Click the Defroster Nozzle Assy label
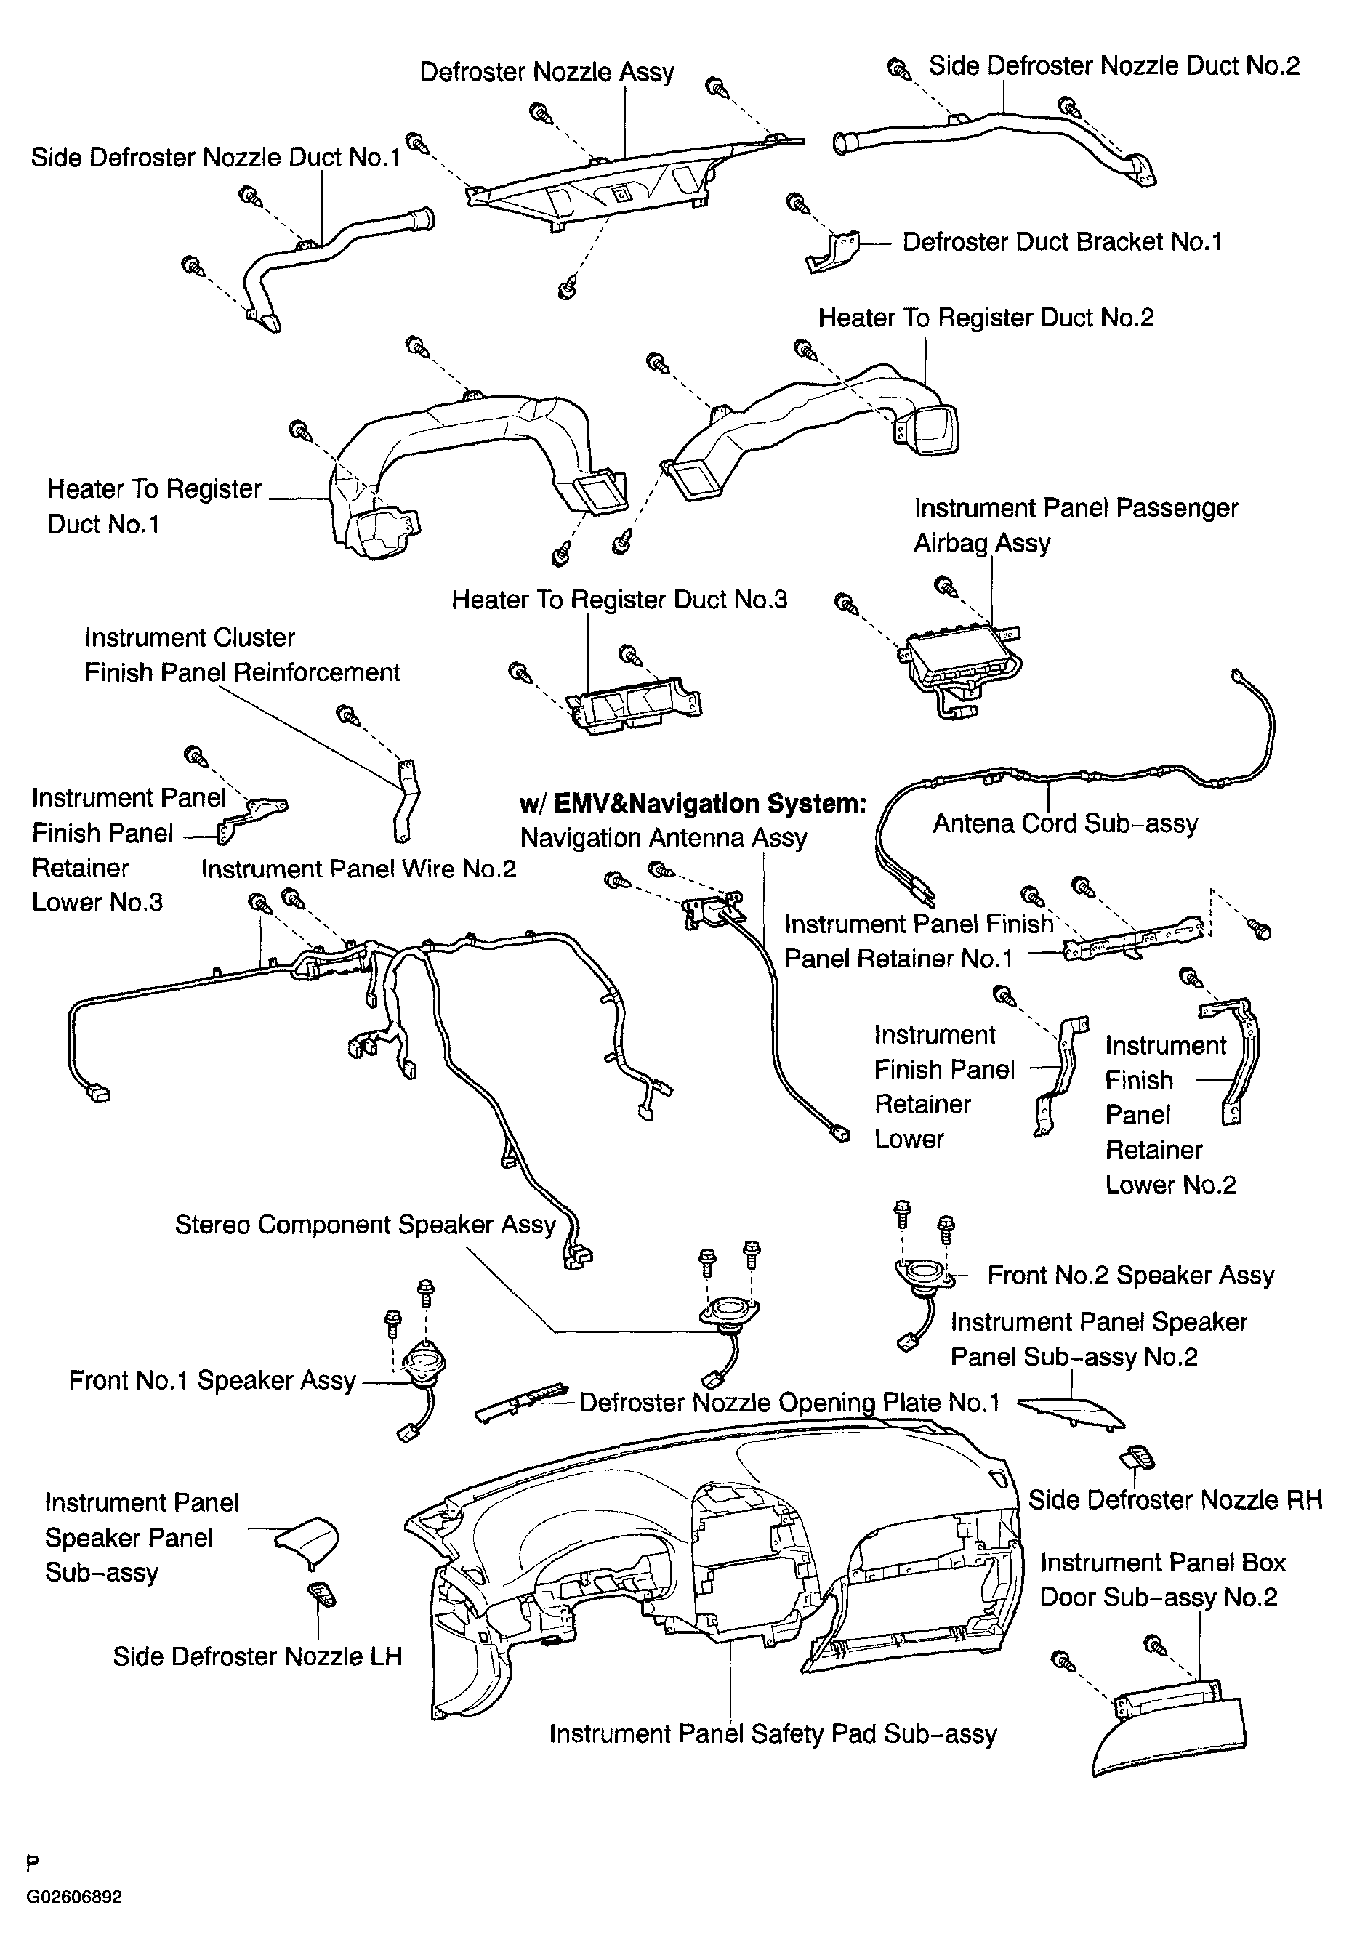point(547,72)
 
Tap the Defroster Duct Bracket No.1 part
point(831,251)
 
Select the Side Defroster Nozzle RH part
point(1137,1458)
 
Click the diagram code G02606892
point(74,1896)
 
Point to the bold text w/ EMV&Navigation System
point(693,803)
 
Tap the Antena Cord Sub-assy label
point(1065,824)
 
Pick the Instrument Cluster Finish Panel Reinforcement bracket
point(406,799)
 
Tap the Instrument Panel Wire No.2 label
point(358,869)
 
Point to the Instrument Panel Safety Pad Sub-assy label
point(773,1734)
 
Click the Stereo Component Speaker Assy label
point(365,1225)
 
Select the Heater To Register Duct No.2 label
point(986,318)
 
